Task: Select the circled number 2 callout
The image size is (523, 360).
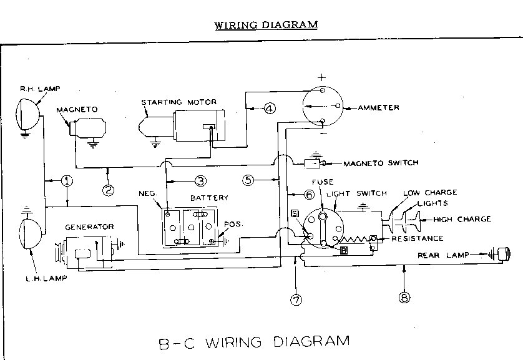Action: [x=109, y=190]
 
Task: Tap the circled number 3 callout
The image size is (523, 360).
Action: [x=200, y=181]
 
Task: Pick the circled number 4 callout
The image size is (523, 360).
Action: [x=269, y=109]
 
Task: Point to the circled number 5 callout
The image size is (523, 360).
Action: [x=248, y=180]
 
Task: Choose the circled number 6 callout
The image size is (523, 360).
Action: [x=308, y=195]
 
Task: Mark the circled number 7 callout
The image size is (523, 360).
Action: [x=296, y=299]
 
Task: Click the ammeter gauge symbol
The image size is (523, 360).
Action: [x=321, y=107]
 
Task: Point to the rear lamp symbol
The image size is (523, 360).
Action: [x=501, y=255]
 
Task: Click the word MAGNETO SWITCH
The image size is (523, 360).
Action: [x=381, y=163]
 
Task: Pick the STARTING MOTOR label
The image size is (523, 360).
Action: [x=170, y=102]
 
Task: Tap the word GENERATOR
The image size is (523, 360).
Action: [x=90, y=226]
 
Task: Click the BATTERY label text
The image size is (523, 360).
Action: [x=209, y=198]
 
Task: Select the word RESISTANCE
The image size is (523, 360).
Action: [x=418, y=238]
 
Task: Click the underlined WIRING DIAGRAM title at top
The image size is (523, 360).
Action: [x=266, y=25]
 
